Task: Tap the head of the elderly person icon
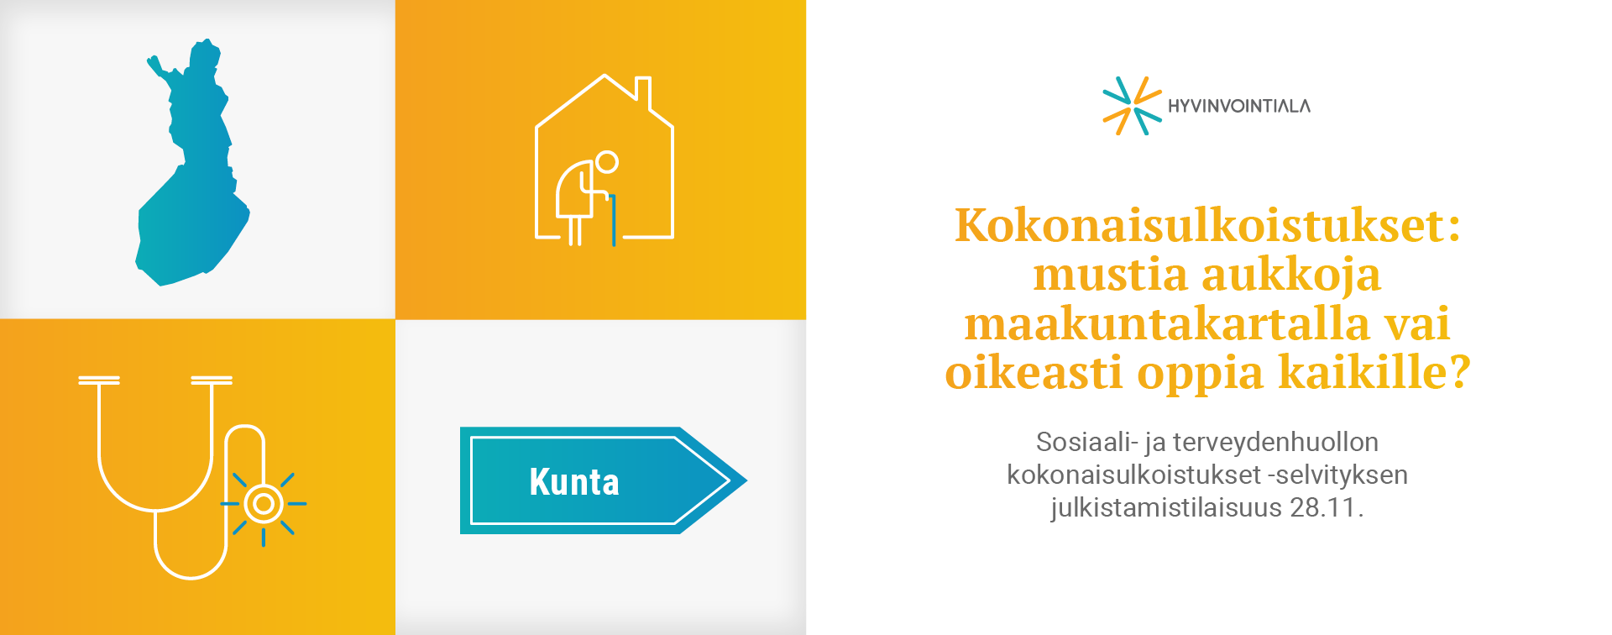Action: tap(606, 162)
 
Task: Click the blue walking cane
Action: tap(614, 220)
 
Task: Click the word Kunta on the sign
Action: tap(574, 482)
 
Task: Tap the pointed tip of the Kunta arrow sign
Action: tap(746, 480)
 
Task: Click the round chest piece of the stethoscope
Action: tap(264, 504)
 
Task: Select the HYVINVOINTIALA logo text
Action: tap(1239, 106)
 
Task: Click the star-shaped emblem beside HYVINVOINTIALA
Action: tap(1132, 106)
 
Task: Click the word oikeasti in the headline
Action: tap(1034, 371)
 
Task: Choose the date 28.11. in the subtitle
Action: tap(1327, 507)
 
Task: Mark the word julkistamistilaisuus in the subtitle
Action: tap(1166, 508)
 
